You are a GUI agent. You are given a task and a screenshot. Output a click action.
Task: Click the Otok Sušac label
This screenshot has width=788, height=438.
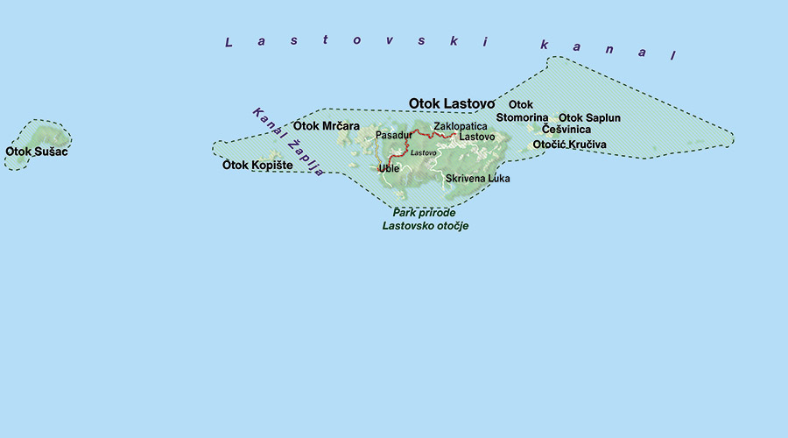(x=36, y=152)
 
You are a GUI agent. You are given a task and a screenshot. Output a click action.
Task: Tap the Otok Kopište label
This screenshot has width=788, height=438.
(x=257, y=165)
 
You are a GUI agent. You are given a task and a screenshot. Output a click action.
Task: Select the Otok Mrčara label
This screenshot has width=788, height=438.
(x=327, y=126)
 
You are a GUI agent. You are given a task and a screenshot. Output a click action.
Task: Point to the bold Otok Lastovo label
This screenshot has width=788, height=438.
(x=452, y=103)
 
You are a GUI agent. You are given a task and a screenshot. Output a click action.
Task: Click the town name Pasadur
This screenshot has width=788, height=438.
(x=393, y=136)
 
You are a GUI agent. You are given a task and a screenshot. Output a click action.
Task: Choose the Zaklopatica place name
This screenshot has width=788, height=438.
(x=461, y=127)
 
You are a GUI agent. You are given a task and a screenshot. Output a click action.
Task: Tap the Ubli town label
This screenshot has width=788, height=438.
(x=389, y=168)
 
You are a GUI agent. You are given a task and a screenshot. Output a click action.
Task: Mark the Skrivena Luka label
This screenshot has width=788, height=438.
(x=477, y=178)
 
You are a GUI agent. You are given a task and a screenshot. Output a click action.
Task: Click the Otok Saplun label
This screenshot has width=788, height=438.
(x=589, y=117)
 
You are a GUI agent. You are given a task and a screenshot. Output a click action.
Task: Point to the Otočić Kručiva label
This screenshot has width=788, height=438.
(x=569, y=145)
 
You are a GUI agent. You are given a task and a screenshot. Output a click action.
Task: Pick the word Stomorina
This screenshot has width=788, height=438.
(x=522, y=117)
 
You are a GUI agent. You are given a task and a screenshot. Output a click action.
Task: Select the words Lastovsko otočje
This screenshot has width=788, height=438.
(x=425, y=225)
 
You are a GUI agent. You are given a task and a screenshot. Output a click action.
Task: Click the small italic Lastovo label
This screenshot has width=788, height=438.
(x=424, y=153)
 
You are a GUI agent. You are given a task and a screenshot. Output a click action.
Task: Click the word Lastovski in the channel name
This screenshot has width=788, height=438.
(x=358, y=41)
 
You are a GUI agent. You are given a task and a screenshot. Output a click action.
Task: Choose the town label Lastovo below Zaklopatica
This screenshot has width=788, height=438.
(x=477, y=138)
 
